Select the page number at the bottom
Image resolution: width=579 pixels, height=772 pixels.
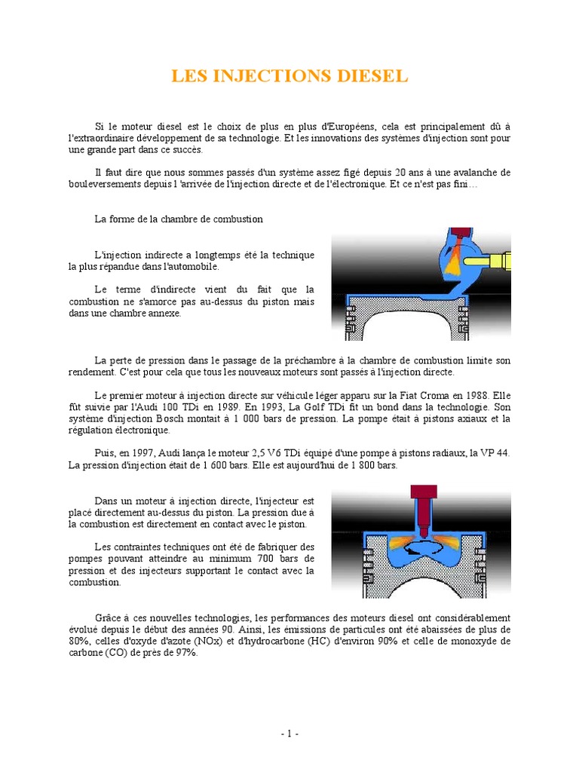click(289, 734)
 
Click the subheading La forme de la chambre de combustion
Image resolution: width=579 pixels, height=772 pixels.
click(179, 219)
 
